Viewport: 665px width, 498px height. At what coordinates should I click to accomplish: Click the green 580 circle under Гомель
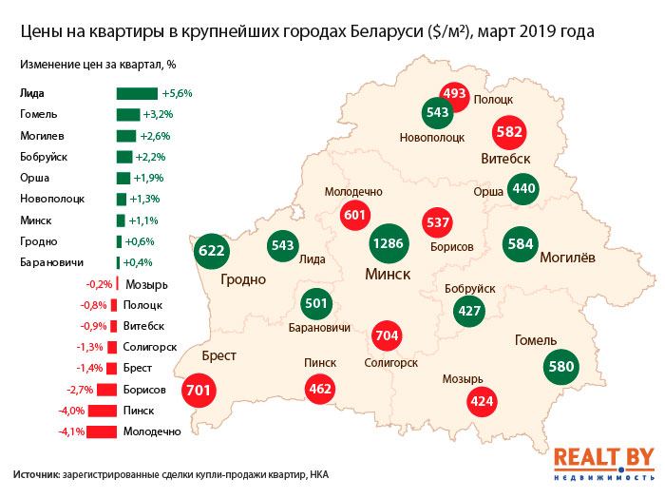click(x=560, y=365)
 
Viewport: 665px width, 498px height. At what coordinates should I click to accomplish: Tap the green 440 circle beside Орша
click(x=523, y=188)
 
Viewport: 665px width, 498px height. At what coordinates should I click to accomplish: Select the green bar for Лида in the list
click(x=137, y=93)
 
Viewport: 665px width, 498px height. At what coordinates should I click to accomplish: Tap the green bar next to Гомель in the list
click(x=128, y=114)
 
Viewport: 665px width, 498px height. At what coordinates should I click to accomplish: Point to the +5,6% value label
click(x=178, y=94)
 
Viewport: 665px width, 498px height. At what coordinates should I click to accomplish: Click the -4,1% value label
click(x=72, y=431)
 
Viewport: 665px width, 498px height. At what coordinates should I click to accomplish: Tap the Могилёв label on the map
click(x=566, y=257)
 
